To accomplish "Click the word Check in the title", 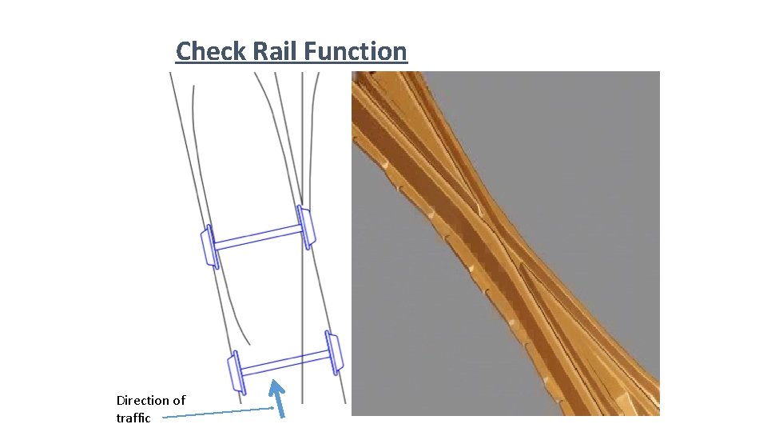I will click(x=210, y=51).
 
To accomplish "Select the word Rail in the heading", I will click(x=275, y=51).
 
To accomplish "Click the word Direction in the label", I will click(x=144, y=400).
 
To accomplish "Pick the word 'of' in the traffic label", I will click(x=178, y=400).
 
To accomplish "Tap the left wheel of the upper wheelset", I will click(x=209, y=246).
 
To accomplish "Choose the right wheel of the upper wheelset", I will click(x=306, y=226).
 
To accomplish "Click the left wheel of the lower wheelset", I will click(x=236, y=373).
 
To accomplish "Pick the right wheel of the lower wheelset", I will click(x=334, y=351).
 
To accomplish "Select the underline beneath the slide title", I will click(x=292, y=64).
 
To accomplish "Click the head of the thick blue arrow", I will click(x=276, y=387).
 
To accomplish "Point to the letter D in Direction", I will click(x=121, y=400).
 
